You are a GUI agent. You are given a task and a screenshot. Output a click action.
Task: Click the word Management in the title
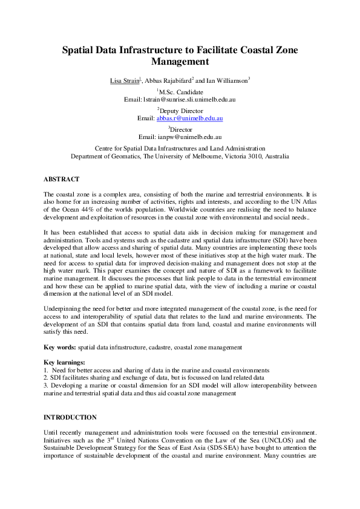click(180, 61)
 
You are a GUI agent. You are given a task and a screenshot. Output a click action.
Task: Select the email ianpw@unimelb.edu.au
click(189, 137)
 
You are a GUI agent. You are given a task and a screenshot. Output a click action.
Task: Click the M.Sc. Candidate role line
click(181, 91)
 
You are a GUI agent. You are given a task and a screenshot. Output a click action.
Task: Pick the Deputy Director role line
click(181, 111)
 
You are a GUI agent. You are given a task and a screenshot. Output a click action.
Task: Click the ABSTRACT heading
click(62, 179)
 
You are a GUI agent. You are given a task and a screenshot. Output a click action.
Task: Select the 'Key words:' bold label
click(60, 347)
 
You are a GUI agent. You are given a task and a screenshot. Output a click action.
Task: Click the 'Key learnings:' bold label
click(65, 361)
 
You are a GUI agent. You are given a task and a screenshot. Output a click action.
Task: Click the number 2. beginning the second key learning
click(46, 377)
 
